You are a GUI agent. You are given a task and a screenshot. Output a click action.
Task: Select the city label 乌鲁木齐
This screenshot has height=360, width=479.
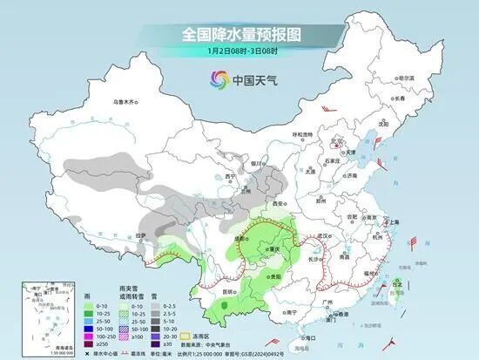(x=127, y=102)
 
